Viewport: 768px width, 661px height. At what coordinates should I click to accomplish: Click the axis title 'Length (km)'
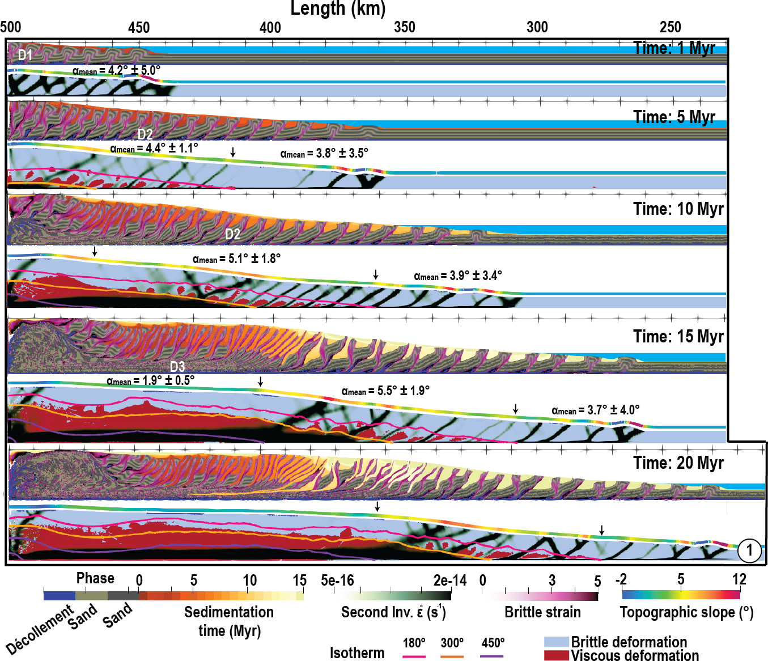338,9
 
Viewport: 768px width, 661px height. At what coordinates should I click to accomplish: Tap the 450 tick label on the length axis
139,27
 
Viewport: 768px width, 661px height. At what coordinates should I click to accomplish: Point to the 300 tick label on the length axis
537,27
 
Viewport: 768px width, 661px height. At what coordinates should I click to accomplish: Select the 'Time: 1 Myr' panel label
674,48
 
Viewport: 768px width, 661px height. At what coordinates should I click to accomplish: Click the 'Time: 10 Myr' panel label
678,209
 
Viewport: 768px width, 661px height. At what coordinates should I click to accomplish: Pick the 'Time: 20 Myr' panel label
678,463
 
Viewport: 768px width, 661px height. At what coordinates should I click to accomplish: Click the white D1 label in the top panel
25,55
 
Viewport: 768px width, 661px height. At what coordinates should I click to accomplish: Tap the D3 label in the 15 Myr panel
177,366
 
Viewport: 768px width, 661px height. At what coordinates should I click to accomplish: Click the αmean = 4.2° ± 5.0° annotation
116,71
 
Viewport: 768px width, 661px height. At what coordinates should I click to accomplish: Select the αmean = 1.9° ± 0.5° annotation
150,380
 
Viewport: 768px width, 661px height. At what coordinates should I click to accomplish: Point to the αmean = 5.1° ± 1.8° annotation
236,259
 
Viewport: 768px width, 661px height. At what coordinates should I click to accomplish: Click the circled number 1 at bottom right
750,550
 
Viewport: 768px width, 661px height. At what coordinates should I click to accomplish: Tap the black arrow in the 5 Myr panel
232,152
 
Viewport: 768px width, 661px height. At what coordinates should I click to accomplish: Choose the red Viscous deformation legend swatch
555,655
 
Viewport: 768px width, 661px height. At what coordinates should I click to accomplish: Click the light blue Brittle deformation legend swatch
555,642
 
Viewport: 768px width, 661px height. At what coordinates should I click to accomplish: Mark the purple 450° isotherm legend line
491,656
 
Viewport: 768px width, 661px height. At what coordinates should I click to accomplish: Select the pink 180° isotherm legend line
414,656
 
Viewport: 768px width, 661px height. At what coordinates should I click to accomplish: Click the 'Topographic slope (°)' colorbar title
686,612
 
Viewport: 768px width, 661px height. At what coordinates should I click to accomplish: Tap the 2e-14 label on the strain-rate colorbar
450,581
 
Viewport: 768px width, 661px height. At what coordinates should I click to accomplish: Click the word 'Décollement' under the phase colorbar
40,630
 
